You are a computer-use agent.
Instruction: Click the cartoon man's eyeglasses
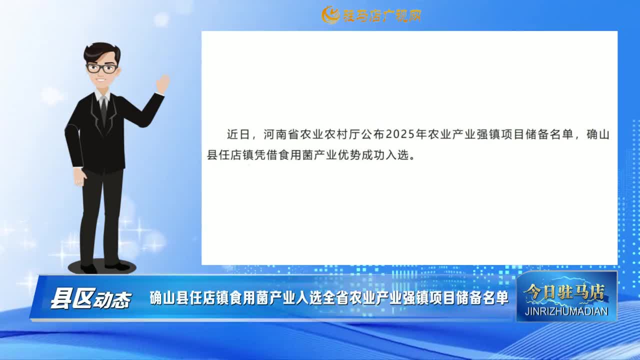(102, 68)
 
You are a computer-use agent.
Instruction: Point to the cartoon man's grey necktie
(103, 110)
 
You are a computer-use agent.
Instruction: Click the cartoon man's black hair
(101, 53)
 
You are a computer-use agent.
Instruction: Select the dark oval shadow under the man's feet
(101, 267)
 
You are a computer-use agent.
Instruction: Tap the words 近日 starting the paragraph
(238, 134)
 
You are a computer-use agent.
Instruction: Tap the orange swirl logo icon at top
(330, 15)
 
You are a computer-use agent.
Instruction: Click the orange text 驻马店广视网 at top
(382, 15)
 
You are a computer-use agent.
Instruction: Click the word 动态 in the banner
(112, 300)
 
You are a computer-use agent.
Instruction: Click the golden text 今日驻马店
(564, 292)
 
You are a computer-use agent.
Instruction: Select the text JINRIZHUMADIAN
(566, 311)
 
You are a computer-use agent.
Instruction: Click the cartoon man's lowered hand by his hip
(79, 177)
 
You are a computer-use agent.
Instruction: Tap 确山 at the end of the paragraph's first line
(598, 134)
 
